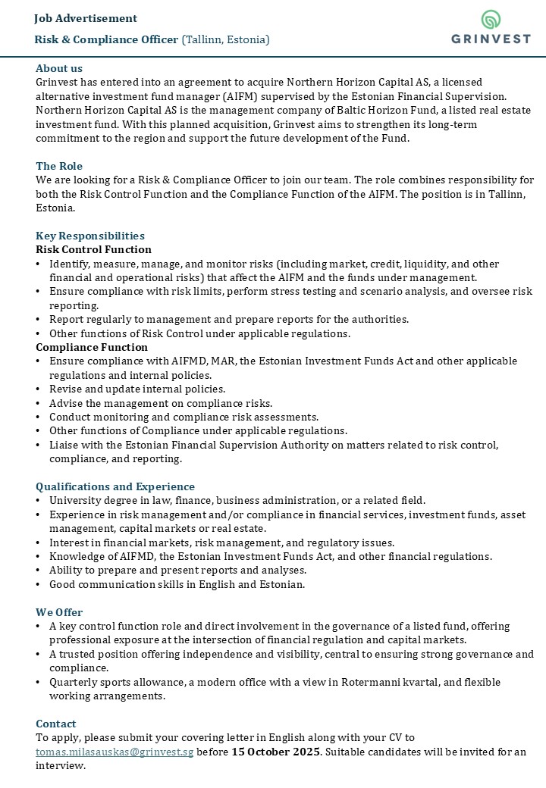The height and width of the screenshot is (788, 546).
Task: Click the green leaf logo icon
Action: pos(491,20)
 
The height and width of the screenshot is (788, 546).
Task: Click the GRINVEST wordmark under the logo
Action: pos(491,39)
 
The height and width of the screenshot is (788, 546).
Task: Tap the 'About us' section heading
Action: pos(59,68)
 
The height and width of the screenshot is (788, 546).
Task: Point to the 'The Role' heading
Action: pos(59,166)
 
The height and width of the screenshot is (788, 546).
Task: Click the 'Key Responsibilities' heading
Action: pos(90,236)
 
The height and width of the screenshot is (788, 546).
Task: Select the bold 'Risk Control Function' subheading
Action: pos(93,249)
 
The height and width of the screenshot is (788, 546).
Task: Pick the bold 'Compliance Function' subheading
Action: pos(92,347)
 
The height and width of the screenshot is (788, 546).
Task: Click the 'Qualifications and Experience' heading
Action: pos(115,486)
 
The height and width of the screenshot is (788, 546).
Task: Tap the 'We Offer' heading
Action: pos(59,612)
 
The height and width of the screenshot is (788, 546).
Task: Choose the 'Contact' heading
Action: pos(56,724)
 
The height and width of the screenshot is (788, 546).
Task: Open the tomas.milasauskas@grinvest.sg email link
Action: pos(115,752)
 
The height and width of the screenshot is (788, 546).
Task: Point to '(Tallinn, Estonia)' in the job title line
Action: pos(225,39)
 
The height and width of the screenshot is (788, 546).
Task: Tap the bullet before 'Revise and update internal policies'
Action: pos(39,389)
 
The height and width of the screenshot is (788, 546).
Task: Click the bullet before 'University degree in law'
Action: pos(39,501)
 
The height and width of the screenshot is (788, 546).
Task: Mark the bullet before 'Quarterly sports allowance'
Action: pos(39,683)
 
